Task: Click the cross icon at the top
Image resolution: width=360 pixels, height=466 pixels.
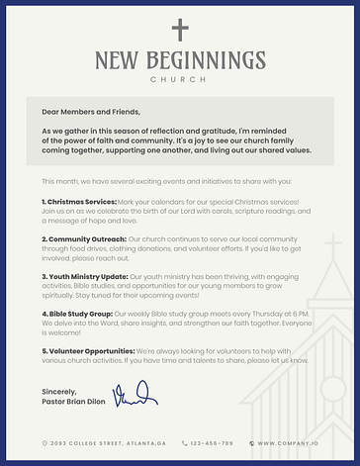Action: [x=179, y=30]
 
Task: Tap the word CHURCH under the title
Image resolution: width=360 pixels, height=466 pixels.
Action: [x=179, y=79]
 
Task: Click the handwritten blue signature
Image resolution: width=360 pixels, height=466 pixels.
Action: [x=135, y=396]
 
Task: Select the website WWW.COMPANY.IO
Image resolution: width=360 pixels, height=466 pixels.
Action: [x=287, y=443]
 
